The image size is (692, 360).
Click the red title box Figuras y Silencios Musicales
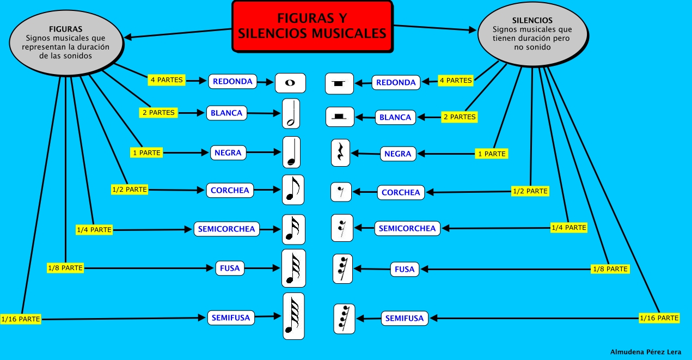pos(312,26)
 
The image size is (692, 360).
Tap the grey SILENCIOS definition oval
pos(532,34)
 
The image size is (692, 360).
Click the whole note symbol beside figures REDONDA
pos(290,83)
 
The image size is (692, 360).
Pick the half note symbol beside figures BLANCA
pos(291,113)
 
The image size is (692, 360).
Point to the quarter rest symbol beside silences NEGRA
pos(340,152)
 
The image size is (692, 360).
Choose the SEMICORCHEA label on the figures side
pos(226,229)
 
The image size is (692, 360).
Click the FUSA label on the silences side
pos(405,269)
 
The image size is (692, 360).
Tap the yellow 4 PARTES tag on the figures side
pos(167,80)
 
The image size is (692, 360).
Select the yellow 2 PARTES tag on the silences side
pos(458,117)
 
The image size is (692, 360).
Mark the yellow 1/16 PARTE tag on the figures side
pos(21,319)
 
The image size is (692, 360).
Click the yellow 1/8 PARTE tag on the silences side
pos(610,269)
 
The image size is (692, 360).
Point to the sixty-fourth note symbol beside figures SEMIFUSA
pos(293,316)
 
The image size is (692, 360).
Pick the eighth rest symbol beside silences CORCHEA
pos(341,192)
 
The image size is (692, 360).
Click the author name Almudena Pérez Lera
pos(646,352)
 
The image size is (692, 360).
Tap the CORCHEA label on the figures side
pos(229,191)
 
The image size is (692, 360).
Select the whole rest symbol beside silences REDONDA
pos(340,83)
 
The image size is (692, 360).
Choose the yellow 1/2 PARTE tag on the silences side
pos(530,191)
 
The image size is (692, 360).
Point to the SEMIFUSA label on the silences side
pos(404,318)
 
